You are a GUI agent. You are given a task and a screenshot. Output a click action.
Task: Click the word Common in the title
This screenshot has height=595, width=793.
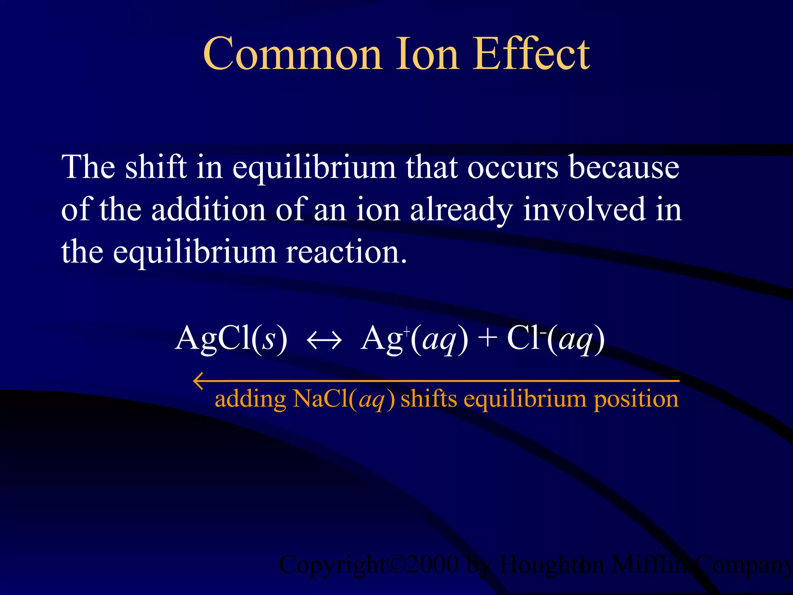point(292,54)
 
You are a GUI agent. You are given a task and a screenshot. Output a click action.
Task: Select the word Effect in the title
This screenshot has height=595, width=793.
point(531,54)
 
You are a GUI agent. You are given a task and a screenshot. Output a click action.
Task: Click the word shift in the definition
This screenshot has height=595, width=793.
point(156,167)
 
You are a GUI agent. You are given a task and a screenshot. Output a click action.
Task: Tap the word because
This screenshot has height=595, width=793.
point(624,167)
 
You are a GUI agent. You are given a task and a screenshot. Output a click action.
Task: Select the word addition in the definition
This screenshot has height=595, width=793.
point(208,210)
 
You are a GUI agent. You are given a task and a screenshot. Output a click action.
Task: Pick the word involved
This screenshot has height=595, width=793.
point(584,210)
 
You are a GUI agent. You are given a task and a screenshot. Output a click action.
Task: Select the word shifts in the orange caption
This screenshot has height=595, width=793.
point(429,399)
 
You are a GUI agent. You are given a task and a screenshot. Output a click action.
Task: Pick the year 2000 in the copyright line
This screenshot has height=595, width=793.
point(433,565)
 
